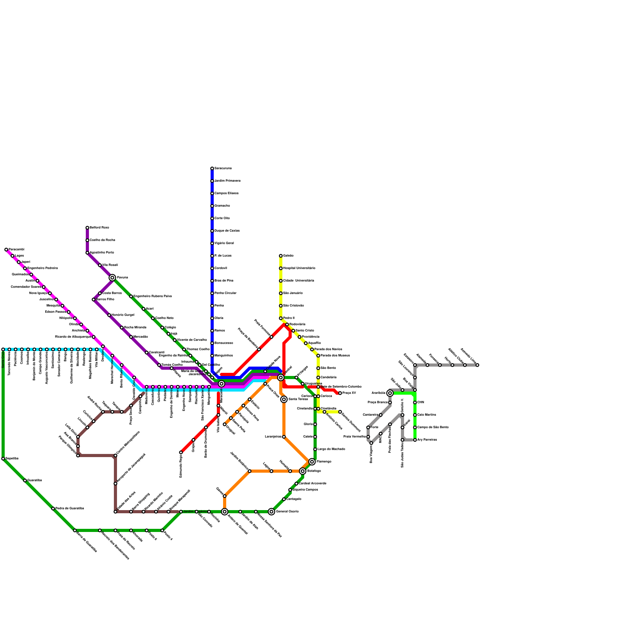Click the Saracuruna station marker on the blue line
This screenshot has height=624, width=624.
[212, 168]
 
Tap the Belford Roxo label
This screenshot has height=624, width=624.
[99, 227]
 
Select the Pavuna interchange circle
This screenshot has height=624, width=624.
[112, 278]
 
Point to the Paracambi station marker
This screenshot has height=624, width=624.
[6, 250]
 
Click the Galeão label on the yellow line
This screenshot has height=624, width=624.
[288, 255]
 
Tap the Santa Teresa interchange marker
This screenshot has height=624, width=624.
[284, 399]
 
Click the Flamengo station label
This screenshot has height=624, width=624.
[324, 462]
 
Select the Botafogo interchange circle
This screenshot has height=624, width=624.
[303, 471]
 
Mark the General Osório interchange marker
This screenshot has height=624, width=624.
[271, 512]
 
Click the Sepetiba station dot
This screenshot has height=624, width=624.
[3, 459]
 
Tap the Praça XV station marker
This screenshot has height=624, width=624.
[340, 393]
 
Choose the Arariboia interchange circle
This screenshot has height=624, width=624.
[390, 393]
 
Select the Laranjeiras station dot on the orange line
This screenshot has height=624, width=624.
[284, 437]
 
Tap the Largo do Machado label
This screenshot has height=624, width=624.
[331, 449]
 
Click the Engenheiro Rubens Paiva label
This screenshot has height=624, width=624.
[152, 296]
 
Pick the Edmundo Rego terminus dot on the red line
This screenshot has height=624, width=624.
[181, 452]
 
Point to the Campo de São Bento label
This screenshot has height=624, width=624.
[433, 427]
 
